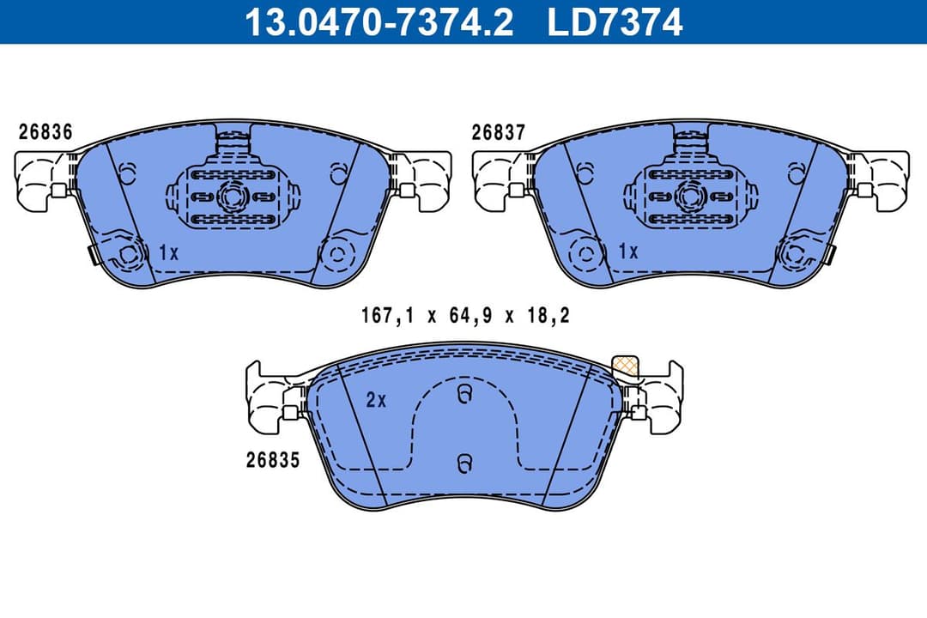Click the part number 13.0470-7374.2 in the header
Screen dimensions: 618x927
click(379, 21)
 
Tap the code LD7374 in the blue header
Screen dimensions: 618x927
click(615, 21)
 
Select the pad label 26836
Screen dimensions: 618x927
click(45, 132)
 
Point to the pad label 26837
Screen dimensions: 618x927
click(498, 132)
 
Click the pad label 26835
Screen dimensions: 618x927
click(272, 460)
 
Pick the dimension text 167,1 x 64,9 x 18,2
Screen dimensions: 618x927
click(465, 316)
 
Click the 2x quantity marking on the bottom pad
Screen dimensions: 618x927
click(377, 399)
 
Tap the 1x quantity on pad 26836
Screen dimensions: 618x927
click(168, 252)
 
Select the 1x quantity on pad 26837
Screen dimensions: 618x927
click(628, 252)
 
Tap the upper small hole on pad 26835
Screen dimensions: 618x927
click(463, 395)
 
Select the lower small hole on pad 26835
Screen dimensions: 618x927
click(463, 463)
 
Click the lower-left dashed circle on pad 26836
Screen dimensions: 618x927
click(130, 254)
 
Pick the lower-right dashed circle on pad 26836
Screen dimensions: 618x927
click(336, 253)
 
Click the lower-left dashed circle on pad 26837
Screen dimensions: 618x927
click(586, 254)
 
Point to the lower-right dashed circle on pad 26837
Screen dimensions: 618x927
click(794, 253)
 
